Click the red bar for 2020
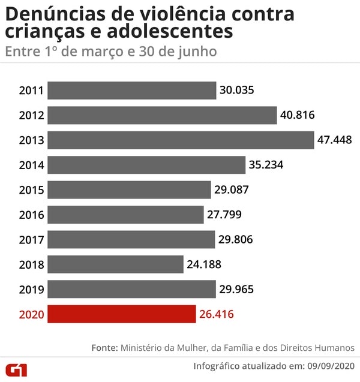(x=122, y=314)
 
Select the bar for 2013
(x=181, y=140)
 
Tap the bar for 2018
(x=115, y=264)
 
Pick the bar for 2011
(x=131, y=91)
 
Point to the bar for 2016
(x=125, y=215)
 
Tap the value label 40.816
(x=298, y=115)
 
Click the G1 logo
(x=16, y=368)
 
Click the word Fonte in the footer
(x=104, y=348)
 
